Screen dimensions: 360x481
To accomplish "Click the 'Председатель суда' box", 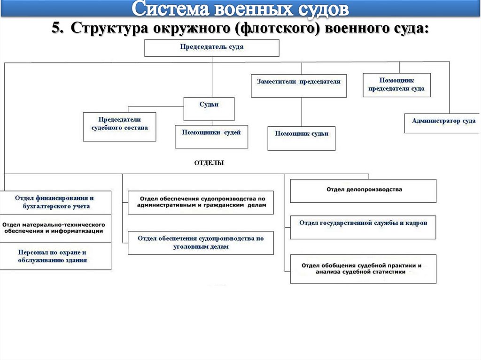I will coord(211,48).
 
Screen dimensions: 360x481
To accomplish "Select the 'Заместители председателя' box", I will coord(299,85).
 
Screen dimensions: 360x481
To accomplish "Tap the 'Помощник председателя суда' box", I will coord(396,85).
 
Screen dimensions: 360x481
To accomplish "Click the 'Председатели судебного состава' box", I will coord(119,126).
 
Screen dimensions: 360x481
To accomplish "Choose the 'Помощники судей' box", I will coord(211,137).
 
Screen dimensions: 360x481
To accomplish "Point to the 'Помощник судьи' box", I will coord(302,138).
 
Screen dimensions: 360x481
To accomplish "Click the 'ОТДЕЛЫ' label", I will coord(209,163).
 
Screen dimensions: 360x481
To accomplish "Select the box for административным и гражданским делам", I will coord(201,202).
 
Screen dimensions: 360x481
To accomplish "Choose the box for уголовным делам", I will coord(201,243).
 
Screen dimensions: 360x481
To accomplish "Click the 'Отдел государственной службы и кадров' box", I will coord(363,226).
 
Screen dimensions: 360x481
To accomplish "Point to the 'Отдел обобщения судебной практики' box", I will coord(363,268).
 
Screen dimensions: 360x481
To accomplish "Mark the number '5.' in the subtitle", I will coord(58,29).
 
